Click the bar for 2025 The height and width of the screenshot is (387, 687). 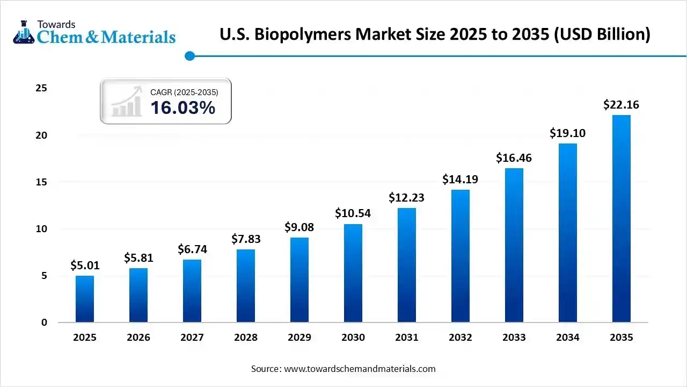(x=85, y=299)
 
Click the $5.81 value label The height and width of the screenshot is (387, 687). (x=138, y=258)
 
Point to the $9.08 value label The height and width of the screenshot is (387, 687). (x=299, y=227)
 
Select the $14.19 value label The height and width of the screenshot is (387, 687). (x=460, y=180)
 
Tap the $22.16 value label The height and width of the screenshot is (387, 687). (x=621, y=105)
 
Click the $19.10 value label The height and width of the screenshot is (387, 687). (x=567, y=133)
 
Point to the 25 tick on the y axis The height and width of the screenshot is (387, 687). (x=41, y=88)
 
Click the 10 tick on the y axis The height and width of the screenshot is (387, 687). (x=41, y=229)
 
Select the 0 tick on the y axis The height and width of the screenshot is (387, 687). (x=45, y=322)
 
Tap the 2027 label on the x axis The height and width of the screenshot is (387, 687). (x=192, y=338)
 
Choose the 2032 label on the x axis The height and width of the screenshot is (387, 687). (x=460, y=338)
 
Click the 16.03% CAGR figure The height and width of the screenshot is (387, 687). (x=182, y=107)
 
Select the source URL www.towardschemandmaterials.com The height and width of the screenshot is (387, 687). (x=359, y=369)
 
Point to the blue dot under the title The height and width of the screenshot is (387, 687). (x=189, y=56)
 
